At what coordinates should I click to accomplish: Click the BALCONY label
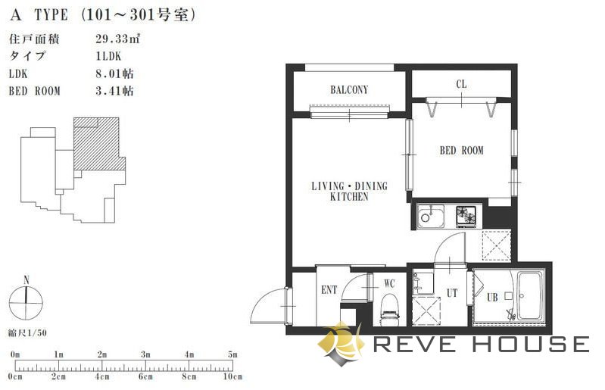coord(349,90)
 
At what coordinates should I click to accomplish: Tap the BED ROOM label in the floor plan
coord(461,150)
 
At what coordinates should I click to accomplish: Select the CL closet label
coord(461,84)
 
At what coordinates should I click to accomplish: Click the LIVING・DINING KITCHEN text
coord(349,191)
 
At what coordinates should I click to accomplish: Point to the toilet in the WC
coord(390,307)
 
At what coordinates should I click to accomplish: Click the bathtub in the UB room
coord(530,297)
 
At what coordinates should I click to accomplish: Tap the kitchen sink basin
coord(430,217)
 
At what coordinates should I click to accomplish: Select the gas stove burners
coord(466,216)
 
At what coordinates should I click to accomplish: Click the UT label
coord(452,293)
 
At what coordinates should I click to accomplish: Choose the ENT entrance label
coord(329,290)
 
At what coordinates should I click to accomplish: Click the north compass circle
coord(26,303)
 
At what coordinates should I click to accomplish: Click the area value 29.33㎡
coord(117,39)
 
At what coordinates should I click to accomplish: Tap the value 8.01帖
coord(114,73)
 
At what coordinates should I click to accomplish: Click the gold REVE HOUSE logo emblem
coord(341,343)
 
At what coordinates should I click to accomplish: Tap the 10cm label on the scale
coord(232,376)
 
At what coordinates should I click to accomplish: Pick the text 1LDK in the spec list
coord(108,56)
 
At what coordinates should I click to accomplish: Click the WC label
coord(389,283)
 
